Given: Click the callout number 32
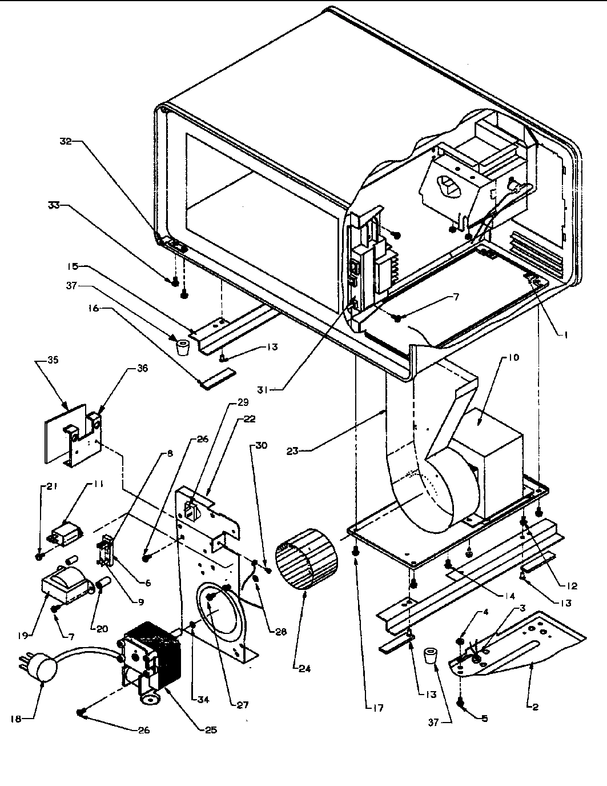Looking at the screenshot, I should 66,142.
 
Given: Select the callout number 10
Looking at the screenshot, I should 512,358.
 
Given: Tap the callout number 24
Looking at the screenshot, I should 304,668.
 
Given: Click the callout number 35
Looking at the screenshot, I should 53,361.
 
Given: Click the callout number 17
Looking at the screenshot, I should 378,708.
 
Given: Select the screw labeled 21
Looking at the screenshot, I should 39,555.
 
